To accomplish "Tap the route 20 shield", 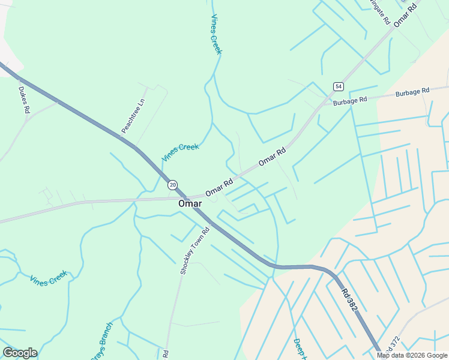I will [172, 185].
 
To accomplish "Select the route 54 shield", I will [339, 86].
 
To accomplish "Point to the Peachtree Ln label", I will [133, 116].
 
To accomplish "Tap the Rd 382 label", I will [350, 300].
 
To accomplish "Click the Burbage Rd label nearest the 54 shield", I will [350, 101].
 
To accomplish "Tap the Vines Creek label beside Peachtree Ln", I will [179, 152].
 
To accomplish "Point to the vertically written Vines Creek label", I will [215, 34].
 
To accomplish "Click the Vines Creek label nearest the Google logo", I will [49, 279].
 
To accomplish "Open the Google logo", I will [20, 353].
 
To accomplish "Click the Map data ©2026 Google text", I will [412, 355].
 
